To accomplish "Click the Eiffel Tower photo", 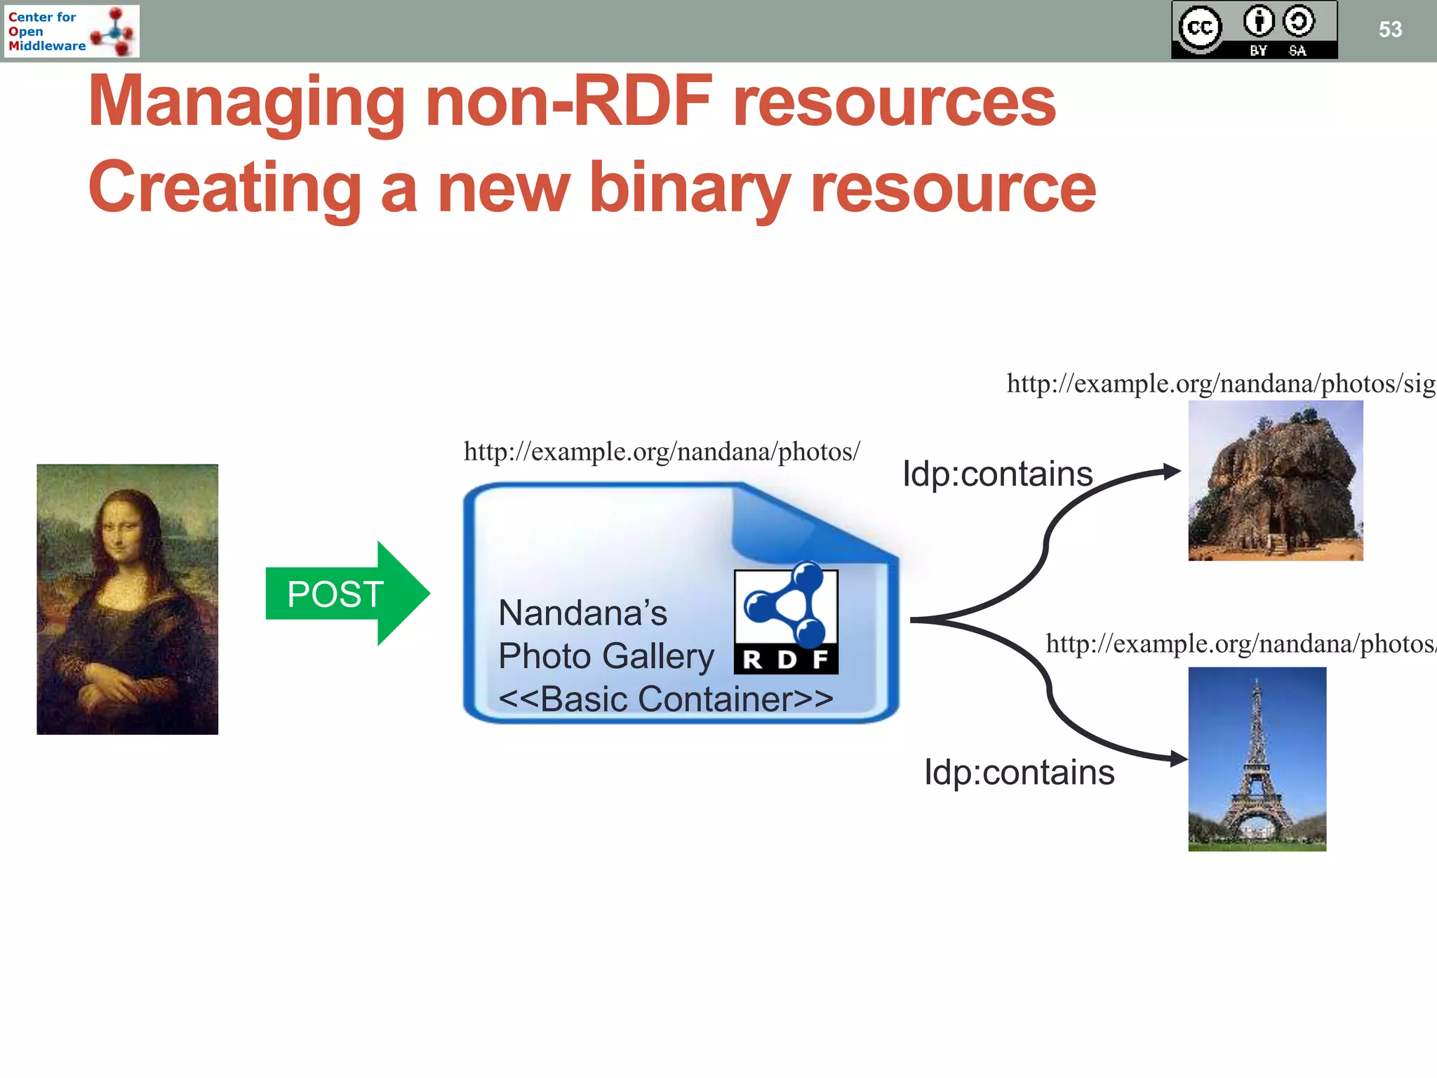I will [1257, 759].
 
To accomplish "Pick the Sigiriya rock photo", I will [1275, 481].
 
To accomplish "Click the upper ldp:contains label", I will [997, 474].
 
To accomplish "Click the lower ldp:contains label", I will [1019, 773].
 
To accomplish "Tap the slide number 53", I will [1389, 29].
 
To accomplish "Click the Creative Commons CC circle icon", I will [1200, 29].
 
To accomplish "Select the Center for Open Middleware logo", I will [72, 31].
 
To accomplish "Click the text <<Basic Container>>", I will [665, 699].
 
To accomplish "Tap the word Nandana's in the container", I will [582, 613].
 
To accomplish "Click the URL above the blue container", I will [661, 451].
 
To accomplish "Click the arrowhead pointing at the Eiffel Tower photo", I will [1179, 759].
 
